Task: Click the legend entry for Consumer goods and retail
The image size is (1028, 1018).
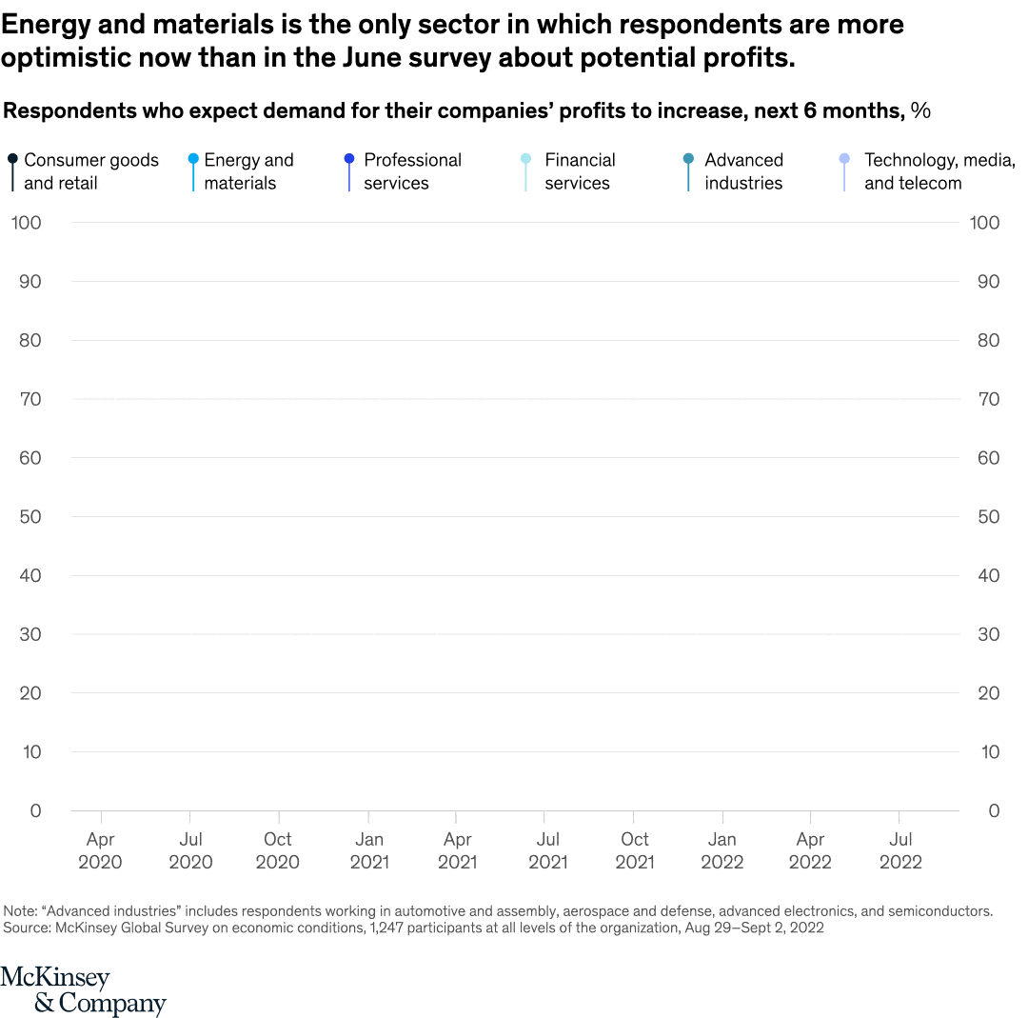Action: pyautogui.click(x=90, y=171)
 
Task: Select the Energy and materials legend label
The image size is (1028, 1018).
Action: pyautogui.click(x=248, y=171)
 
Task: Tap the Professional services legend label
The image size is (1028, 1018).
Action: pyautogui.click(x=412, y=171)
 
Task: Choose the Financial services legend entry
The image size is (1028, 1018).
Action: pyautogui.click(x=580, y=171)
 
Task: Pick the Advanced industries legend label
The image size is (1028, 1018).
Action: pyautogui.click(x=743, y=171)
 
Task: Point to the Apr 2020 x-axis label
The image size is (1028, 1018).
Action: pyautogui.click(x=101, y=850)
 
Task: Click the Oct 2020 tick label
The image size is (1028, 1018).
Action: pyautogui.click(x=278, y=850)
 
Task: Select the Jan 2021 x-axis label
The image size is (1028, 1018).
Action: pyautogui.click(x=368, y=850)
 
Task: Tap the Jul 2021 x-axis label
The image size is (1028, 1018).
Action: pyautogui.click(x=547, y=850)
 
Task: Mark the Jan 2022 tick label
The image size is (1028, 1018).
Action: pyautogui.click(x=722, y=850)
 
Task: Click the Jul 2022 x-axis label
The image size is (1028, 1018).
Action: pyautogui.click(x=900, y=850)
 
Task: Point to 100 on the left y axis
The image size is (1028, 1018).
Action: pyautogui.click(x=27, y=223)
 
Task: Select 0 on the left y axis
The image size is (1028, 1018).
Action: pyautogui.click(x=35, y=810)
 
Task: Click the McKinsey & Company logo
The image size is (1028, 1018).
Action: pyautogui.click(x=83, y=990)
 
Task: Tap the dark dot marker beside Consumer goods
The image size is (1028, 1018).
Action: pyautogui.click(x=12, y=159)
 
